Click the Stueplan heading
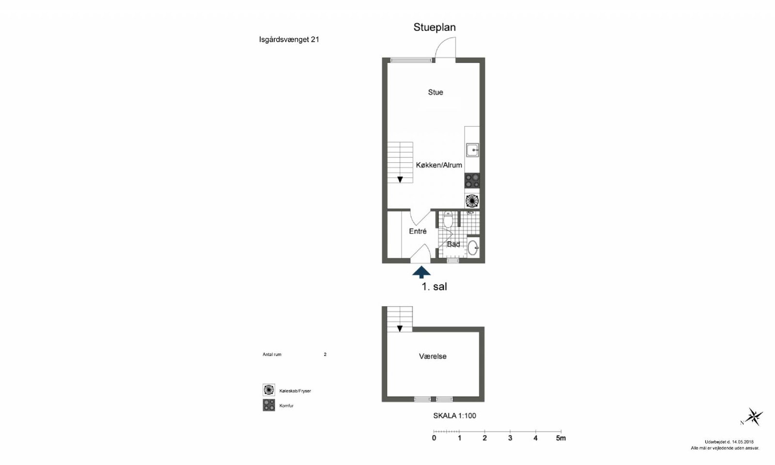[434, 27]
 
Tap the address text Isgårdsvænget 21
[289, 39]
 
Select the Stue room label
[435, 93]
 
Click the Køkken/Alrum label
[439, 165]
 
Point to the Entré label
[418, 231]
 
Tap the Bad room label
[453, 244]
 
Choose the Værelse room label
[433, 356]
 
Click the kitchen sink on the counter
[472, 150]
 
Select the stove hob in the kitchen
[472, 181]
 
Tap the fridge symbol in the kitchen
[472, 201]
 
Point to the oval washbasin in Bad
[473, 248]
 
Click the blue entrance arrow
[421, 272]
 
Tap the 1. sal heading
[434, 286]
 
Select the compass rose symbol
[753, 417]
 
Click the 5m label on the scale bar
[561, 438]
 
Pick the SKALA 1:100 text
[455, 416]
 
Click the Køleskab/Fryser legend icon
[269, 390]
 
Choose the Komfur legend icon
[269, 405]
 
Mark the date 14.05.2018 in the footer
[743, 442]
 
